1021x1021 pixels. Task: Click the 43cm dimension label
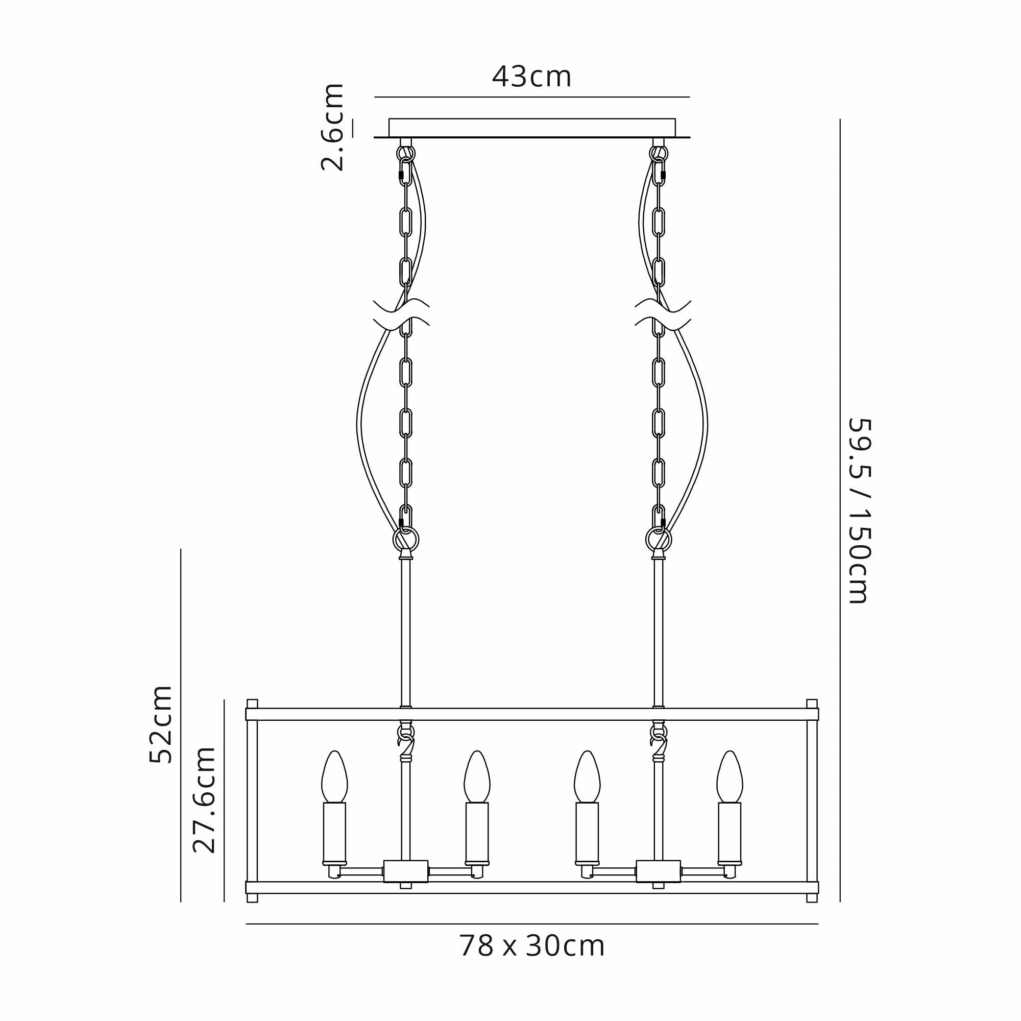tap(531, 77)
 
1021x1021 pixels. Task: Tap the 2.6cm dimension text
tap(333, 127)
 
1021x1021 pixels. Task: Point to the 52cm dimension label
tap(161, 724)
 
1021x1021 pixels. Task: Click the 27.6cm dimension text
tap(204, 799)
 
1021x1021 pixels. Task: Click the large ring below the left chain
tap(406, 540)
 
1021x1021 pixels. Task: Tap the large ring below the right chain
tap(659, 540)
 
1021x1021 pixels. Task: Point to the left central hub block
tap(406, 871)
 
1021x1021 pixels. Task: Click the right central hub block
tap(659, 871)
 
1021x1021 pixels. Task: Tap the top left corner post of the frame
tap(252, 703)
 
